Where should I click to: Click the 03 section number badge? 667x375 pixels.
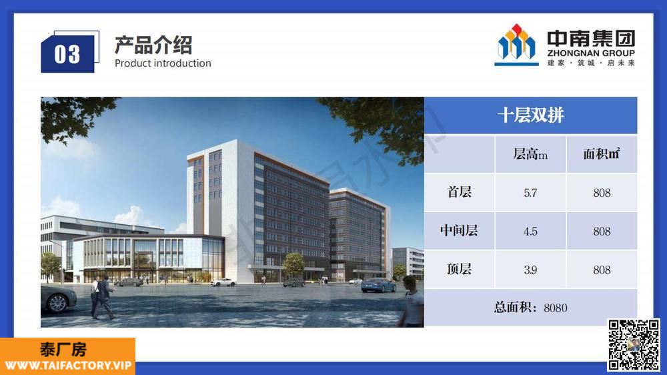pos(67,54)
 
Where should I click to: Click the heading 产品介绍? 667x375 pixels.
pos(153,45)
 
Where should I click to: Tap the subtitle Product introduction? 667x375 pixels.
pos(163,63)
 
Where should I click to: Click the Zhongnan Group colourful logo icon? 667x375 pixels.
pos(516,45)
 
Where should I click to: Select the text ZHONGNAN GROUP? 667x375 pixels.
pos(591,53)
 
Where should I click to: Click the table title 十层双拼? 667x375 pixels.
pos(530,115)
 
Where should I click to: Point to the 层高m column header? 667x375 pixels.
pos(530,154)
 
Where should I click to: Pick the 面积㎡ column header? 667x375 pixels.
pos(602,153)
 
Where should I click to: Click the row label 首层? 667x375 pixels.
pos(459,192)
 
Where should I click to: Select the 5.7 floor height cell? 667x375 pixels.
pos(530,193)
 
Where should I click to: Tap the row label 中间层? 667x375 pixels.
pos(459,230)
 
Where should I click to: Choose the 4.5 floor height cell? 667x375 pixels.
pos(530,232)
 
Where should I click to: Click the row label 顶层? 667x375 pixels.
pos(459,269)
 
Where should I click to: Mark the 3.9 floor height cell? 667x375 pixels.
pos(530,270)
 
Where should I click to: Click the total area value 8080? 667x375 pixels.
pos(555,308)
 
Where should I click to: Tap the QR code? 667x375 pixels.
pos(634,345)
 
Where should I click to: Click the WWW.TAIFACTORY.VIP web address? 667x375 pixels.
pos(68,366)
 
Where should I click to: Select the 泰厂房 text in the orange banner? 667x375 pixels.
pos(63,350)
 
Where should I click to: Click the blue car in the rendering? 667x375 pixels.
pos(378,285)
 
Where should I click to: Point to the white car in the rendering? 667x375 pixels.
pos(223,282)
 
